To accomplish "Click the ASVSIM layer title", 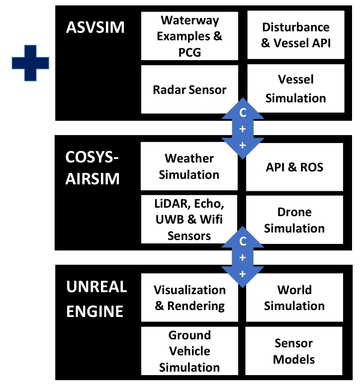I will [95, 27].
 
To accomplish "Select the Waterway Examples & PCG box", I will [189, 36].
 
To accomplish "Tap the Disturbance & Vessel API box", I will [295, 35].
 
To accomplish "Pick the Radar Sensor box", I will [189, 89].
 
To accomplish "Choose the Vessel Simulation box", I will [295, 89].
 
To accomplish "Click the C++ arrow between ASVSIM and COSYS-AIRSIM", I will [243, 128].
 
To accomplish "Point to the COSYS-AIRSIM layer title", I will [93, 168].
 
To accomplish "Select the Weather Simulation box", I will [189, 166].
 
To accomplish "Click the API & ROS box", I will [295, 167].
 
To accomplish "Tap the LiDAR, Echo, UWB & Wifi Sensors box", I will [189, 219].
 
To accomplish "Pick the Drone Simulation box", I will [295, 220].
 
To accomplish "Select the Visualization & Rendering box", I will [189, 298].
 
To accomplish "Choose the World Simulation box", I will [295, 298].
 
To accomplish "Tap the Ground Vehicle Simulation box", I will [189, 351].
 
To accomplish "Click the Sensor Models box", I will [295, 351].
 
